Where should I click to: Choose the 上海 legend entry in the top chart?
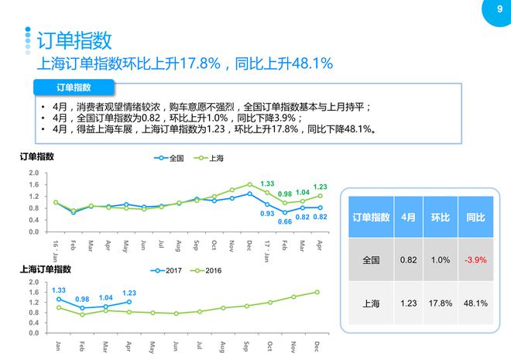211,158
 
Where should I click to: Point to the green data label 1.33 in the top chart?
268,183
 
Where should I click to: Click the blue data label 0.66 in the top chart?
285,222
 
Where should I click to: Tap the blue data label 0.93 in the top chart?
267,214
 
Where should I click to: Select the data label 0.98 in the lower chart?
82,299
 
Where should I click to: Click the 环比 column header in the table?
440,218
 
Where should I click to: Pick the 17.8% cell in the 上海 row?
440,303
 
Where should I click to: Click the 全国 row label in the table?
371,260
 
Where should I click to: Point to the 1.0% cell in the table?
440,260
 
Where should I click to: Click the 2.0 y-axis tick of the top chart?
33,173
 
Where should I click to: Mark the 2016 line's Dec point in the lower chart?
317,292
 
